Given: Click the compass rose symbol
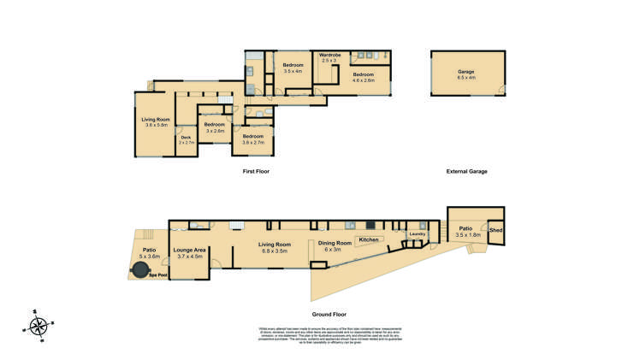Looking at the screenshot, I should [x=38, y=325].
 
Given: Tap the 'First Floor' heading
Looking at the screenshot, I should [x=258, y=172].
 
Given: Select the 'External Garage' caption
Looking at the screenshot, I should [x=466, y=172].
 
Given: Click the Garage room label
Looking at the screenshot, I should [x=465, y=72].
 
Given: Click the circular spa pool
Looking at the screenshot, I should [x=139, y=270].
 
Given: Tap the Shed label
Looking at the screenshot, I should [x=495, y=229].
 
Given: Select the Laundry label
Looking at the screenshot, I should [x=418, y=233].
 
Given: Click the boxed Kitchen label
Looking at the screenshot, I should [x=368, y=239].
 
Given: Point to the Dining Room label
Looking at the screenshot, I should [x=335, y=244].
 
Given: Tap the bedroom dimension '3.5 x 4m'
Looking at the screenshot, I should [x=293, y=71].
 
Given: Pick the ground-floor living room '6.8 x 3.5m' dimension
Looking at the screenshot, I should [x=276, y=250].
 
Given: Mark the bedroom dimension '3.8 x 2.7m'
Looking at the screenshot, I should [x=252, y=142].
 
